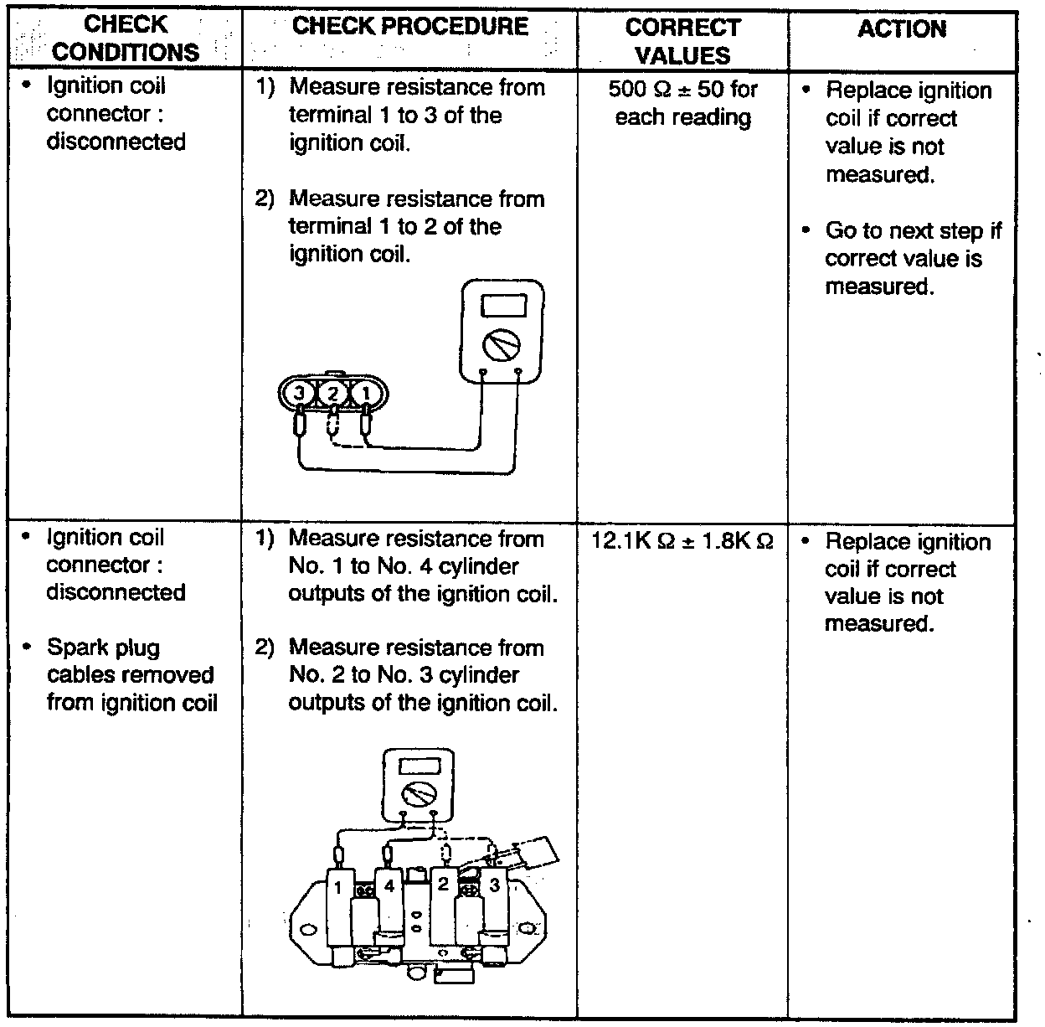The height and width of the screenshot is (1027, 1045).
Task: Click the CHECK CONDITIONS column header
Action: click(126, 39)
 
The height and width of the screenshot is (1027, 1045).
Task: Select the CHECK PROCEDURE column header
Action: click(410, 26)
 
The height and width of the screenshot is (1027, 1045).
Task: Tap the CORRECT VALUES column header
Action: click(682, 40)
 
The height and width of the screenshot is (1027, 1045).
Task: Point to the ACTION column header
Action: click(902, 29)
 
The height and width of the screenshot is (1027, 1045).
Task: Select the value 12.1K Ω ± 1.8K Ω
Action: click(682, 541)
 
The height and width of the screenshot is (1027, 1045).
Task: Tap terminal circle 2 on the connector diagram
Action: click(332, 392)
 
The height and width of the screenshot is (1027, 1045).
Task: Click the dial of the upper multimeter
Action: click(502, 343)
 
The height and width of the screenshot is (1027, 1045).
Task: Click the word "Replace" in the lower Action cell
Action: click(862, 542)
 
